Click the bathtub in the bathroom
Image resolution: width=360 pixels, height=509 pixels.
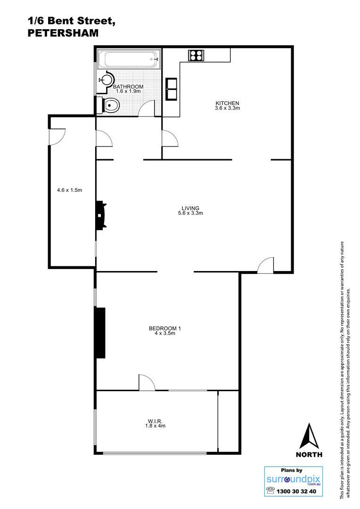click(x=128, y=60)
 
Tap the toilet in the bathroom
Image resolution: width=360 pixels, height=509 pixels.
click(x=109, y=106)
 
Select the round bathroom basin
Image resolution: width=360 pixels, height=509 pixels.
click(x=106, y=80)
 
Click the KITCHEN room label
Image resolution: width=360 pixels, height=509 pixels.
click(x=228, y=103)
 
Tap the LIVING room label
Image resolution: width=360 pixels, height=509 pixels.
click(x=191, y=208)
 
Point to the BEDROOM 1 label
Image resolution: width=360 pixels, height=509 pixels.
click(x=165, y=328)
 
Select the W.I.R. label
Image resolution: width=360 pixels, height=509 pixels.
click(x=155, y=421)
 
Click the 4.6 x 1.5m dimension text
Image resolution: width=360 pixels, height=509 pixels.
click(x=69, y=190)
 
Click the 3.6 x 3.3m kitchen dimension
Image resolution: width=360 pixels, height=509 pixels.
click(x=228, y=108)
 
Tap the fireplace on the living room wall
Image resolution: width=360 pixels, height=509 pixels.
click(x=100, y=215)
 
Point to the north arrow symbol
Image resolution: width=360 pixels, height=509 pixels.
click(x=309, y=436)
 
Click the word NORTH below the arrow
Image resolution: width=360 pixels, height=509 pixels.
click(x=309, y=455)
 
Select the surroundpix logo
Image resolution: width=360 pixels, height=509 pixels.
click(x=293, y=480)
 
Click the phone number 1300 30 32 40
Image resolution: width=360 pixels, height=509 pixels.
click(x=297, y=491)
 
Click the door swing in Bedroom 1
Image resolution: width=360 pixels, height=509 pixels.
click(x=146, y=382)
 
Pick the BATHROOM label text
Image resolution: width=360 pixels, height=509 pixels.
click(x=128, y=87)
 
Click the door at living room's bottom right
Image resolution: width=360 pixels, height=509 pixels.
click(x=266, y=265)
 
